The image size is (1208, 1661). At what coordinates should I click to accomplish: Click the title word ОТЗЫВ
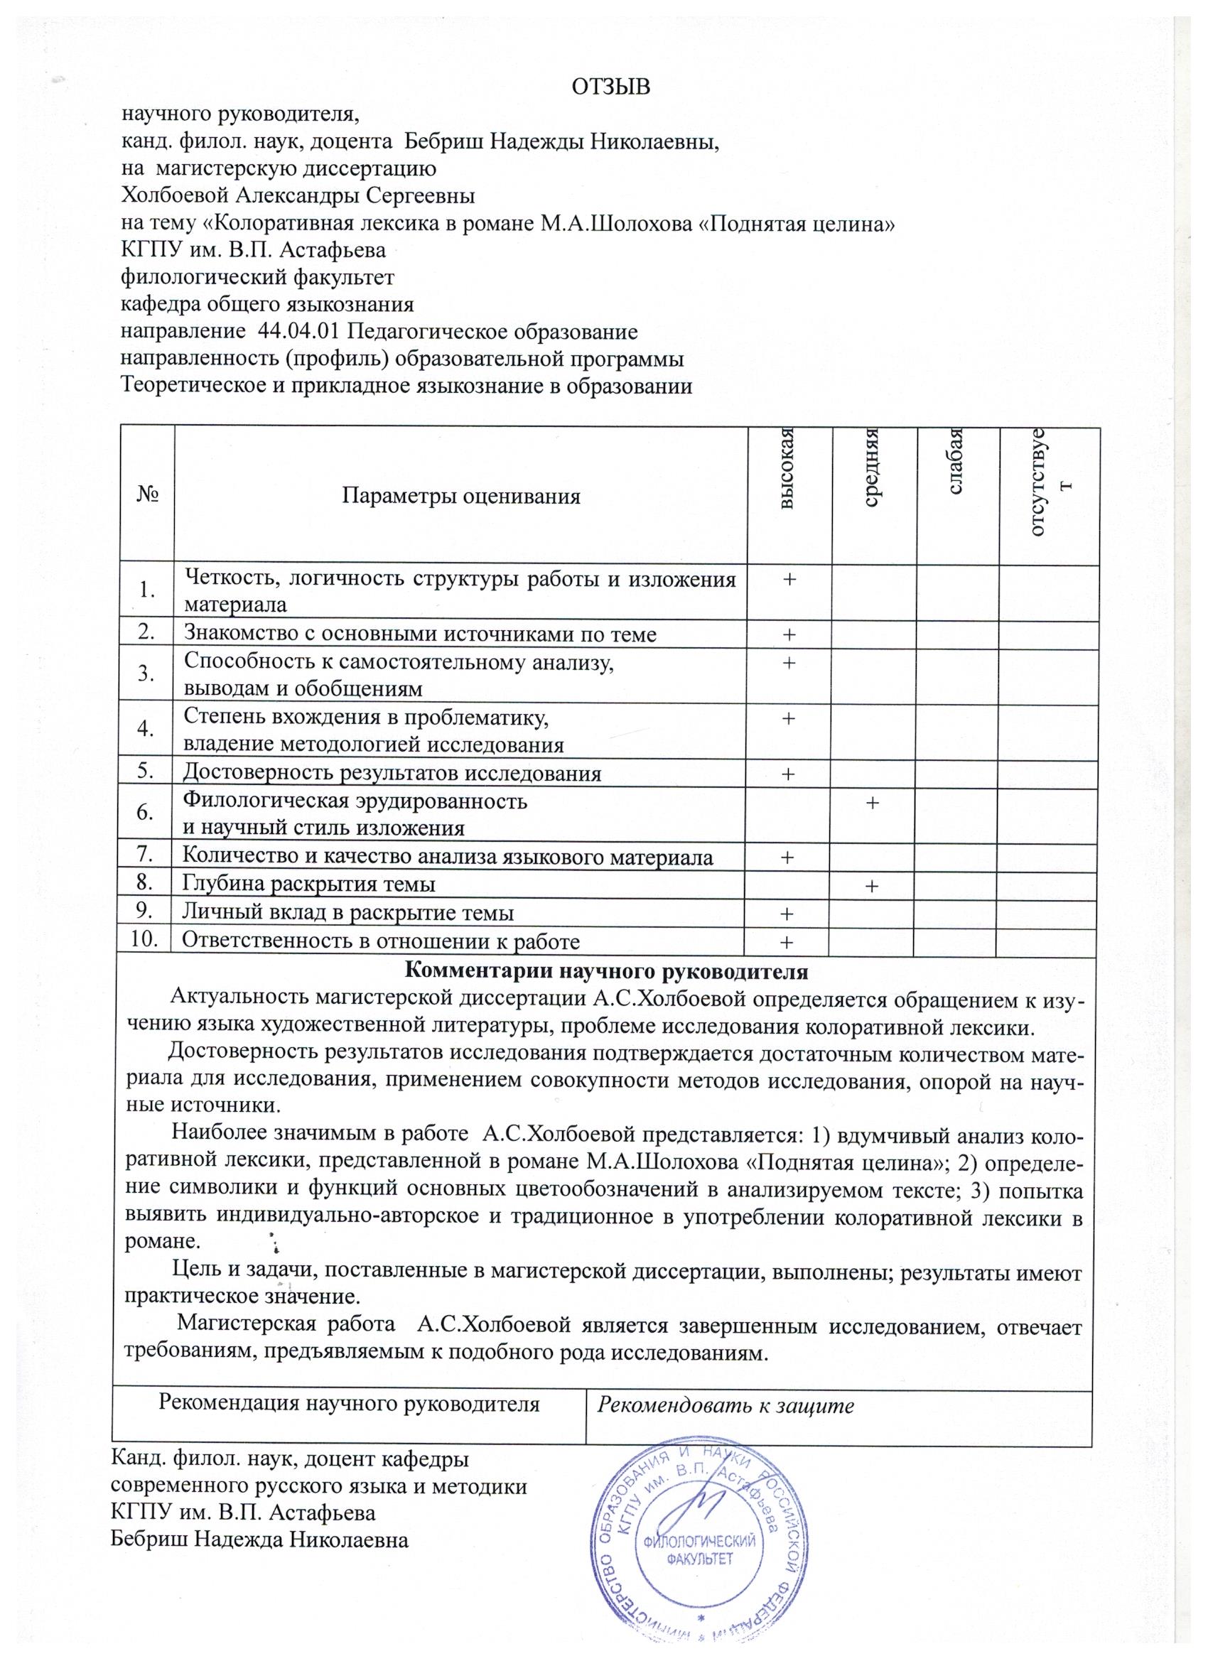610,87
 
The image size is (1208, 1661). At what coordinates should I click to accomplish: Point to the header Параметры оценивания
460,497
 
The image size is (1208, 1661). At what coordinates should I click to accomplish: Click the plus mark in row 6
872,802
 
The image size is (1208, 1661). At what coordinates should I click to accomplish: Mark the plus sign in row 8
872,886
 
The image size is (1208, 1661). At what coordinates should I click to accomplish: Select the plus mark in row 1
789,579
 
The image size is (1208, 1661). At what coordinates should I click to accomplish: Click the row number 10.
144,941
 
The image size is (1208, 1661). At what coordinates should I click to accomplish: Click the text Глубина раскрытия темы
308,884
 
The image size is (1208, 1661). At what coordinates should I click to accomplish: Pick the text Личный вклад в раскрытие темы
347,913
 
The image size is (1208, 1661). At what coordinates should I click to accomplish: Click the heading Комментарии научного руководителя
606,971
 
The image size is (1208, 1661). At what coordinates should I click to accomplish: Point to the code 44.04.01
299,332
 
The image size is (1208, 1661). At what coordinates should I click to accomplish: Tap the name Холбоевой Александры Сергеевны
298,196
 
